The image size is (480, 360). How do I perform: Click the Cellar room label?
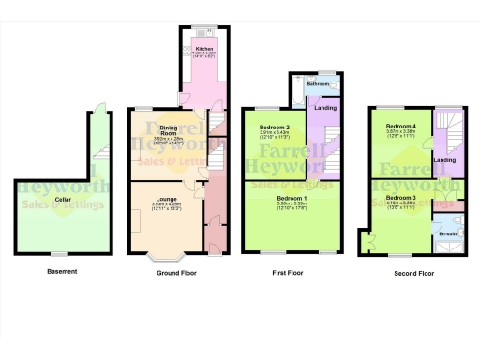63,200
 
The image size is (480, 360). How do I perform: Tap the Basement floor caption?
62,272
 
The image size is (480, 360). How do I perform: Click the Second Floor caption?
413,273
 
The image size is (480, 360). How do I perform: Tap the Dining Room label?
170,128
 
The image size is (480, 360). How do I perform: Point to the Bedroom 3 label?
400,198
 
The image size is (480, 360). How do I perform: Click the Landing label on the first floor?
325,108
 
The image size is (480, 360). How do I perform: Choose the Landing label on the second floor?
447,160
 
